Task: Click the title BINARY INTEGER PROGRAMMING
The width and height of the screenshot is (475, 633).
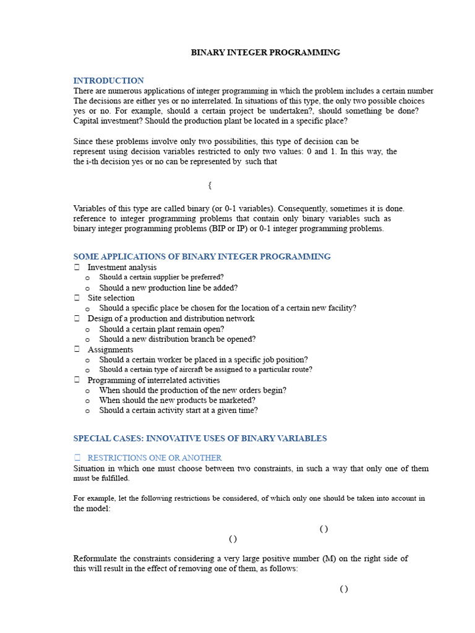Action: pos(265,53)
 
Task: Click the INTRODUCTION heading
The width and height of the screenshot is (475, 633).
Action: pos(108,80)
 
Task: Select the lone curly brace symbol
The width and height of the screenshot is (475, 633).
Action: pos(210,185)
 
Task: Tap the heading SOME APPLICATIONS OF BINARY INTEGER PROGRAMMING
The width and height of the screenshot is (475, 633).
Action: pos(202,257)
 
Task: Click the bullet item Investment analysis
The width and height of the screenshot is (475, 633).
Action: pos(122,267)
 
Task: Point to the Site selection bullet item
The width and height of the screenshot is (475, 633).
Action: pos(111,298)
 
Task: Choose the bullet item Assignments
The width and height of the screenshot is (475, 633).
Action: pos(110,350)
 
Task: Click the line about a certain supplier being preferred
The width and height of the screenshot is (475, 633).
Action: pos(161,278)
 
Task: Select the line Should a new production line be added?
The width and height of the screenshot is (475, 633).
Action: pos(168,288)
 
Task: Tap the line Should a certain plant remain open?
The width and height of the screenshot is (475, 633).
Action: pos(161,329)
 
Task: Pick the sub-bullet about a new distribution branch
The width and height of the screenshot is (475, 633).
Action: pos(177,339)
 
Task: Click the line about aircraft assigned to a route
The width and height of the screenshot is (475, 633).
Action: pos(205,370)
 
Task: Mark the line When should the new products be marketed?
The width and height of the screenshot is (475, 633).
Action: pos(177,401)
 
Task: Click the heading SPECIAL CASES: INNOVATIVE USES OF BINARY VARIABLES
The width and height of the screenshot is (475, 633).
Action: pos(200,438)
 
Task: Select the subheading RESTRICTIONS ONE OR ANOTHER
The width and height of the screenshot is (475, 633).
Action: pos(155,458)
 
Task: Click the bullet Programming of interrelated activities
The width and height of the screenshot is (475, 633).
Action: pos(153,380)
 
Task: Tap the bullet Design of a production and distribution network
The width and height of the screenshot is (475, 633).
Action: pos(171,318)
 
